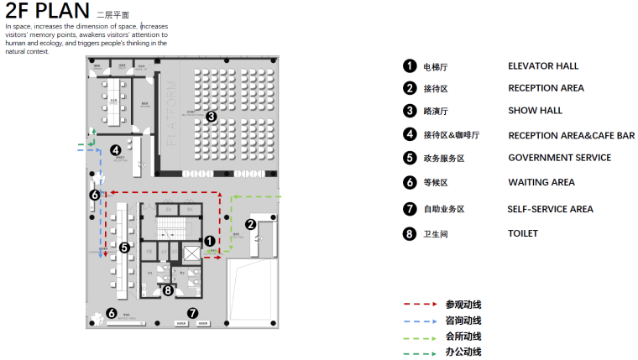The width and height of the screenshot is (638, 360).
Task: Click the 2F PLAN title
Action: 47,11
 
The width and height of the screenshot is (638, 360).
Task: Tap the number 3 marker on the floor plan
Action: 212,117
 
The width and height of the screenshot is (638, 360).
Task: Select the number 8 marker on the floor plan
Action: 168,290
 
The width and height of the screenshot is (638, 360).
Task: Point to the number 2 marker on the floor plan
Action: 249,224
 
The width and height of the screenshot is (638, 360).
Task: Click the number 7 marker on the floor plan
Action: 192,313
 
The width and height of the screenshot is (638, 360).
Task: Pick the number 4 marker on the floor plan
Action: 115,151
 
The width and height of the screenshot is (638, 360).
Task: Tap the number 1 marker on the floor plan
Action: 210,240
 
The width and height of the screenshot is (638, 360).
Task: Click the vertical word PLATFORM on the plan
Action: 172,113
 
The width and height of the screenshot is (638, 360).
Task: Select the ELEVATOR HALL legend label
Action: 543,66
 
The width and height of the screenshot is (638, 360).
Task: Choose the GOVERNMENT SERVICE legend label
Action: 559,158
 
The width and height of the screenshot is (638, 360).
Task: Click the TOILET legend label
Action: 523,234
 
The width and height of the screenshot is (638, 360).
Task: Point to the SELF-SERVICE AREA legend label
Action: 550,209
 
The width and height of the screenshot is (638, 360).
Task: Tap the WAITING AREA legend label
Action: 541,182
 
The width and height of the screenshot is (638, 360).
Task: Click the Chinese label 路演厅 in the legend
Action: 434,111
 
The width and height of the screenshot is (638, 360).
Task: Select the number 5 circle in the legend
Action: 410,158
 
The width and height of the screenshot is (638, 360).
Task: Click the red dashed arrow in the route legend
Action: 420,305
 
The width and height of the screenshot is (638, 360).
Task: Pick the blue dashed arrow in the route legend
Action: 420,321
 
